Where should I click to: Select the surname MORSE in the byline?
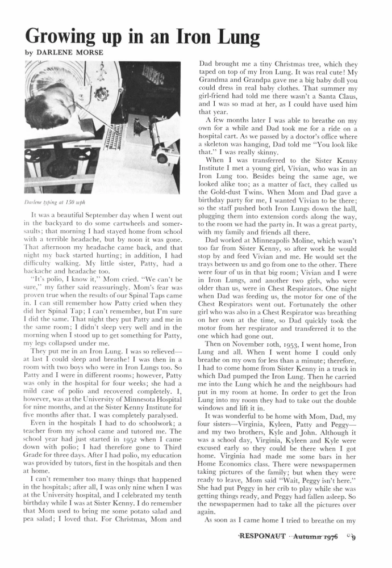click(86, 52)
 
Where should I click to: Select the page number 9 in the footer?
click(353, 551)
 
